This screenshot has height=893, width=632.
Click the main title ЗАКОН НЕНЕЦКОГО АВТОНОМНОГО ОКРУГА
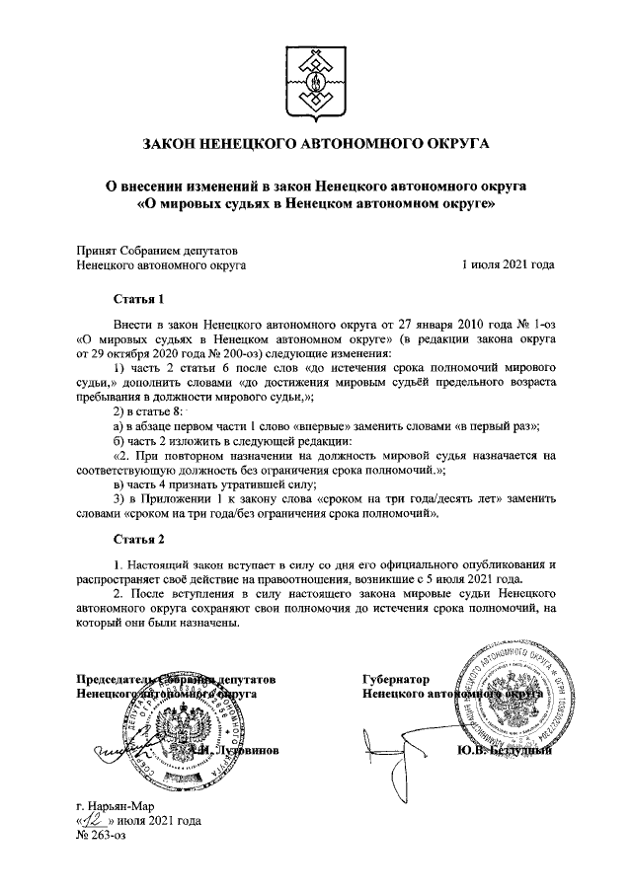[x=316, y=143]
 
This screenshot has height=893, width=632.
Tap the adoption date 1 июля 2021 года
[x=508, y=264]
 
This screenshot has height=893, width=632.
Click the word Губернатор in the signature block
[x=396, y=680]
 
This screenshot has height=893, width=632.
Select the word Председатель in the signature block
[x=116, y=680]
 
